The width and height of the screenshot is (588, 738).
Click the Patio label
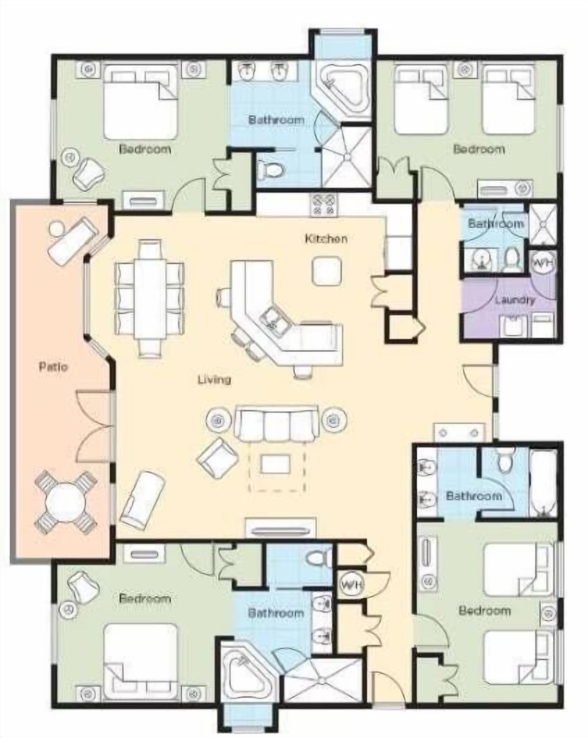tap(53, 367)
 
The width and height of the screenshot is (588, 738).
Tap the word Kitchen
tap(326, 239)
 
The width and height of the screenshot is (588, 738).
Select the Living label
tap(214, 380)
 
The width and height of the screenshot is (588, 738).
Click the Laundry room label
tap(515, 300)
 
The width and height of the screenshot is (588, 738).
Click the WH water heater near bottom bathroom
tap(352, 585)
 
